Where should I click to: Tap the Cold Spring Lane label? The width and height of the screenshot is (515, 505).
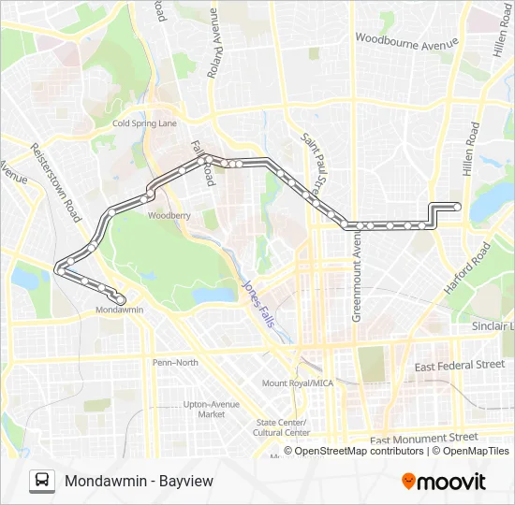click(x=144, y=123)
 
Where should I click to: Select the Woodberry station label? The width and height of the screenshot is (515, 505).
click(x=169, y=215)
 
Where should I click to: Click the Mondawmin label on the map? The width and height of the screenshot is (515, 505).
click(x=119, y=310)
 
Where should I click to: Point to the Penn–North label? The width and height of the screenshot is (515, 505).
click(x=175, y=362)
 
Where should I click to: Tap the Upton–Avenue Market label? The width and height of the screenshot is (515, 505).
click(x=205, y=409)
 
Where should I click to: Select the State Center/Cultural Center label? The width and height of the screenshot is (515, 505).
click(x=282, y=427)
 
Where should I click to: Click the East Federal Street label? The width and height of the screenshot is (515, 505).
click(x=460, y=365)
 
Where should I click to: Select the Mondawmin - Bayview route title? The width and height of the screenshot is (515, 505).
click(x=139, y=481)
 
